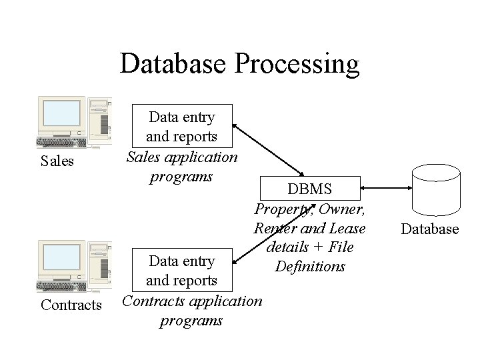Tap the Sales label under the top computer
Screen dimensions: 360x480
pos(57,161)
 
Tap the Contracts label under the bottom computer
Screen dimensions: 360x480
pos(71,305)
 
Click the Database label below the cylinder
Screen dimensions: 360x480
pos(430,229)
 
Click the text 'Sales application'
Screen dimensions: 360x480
pos(182,157)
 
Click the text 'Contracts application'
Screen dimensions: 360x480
pos(192,301)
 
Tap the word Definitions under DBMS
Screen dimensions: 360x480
pos(310,267)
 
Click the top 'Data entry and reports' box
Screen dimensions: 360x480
pos(182,126)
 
